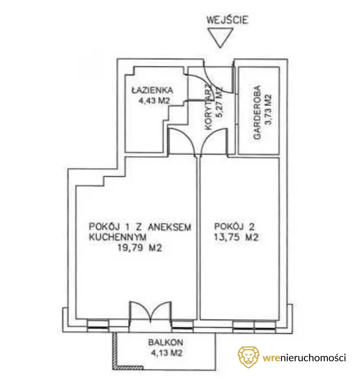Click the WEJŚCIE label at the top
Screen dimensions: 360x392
pyautogui.click(x=227, y=20)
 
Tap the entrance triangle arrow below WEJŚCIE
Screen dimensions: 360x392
pyautogui.click(x=220, y=37)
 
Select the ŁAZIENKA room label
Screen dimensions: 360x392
pyautogui.click(x=152, y=90)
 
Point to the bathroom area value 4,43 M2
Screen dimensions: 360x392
pyautogui.click(x=154, y=101)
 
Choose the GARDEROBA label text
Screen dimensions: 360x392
pyautogui.click(x=257, y=113)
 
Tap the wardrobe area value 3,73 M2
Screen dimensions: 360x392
pyautogui.click(x=268, y=111)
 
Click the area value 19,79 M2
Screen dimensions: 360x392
pyautogui.click(x=140, y=248)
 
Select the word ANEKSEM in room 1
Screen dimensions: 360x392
pyautogui.click(x=170, y=227)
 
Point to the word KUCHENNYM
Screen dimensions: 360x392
pyautogui.click(x=117, y=237)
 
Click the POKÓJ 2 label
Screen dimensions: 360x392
pyautogui.click(x=234, y=227)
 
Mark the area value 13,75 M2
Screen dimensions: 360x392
pyautogui.click(x=236, y=237)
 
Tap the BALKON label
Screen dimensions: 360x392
pyautogui.click(x=166, y=342)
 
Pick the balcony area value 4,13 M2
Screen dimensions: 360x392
pyautogui.click(x=166, y=353)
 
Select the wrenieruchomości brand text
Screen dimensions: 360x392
pyautogui.click(x=304, y=358)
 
